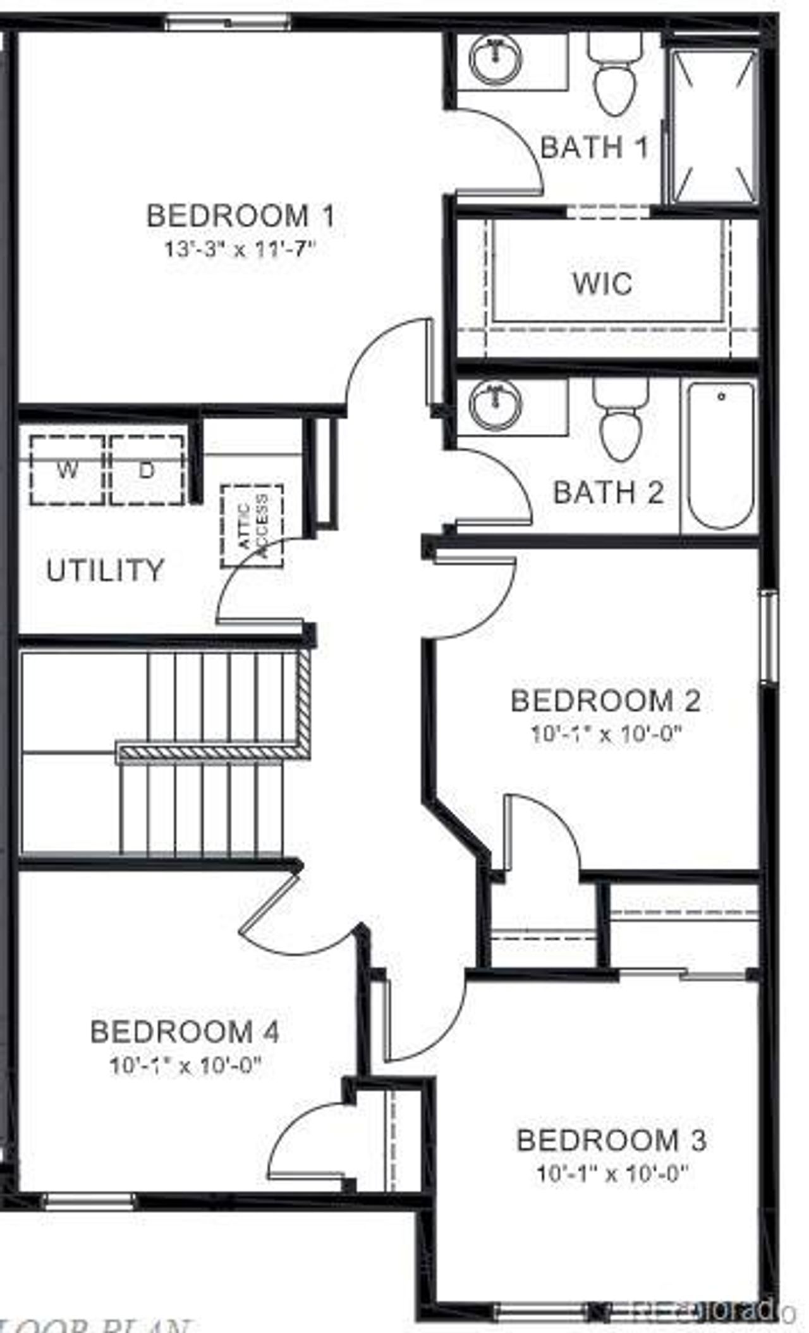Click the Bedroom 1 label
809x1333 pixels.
(240, 216)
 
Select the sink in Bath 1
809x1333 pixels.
(496, 59)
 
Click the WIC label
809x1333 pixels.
(602, 283)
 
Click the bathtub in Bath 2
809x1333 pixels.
(721, 455)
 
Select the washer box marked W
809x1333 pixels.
(67, 470)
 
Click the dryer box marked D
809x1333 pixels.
(147, 470)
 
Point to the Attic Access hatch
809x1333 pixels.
(252, 526)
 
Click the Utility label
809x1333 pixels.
(105, 570)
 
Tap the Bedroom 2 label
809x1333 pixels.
(605, 701)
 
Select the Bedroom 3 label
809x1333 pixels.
(611, 1139)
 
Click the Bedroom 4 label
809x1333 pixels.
(185, 1032)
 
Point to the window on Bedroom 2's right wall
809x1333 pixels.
(769, 636)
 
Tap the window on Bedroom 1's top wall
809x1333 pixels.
(228, 23)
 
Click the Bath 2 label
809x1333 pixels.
(609, 492)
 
